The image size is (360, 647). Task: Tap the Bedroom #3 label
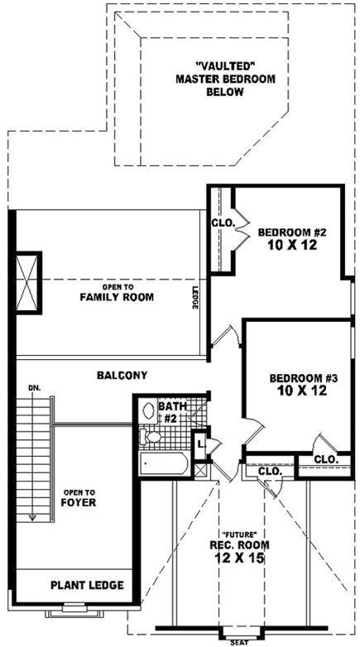tap(304, 378)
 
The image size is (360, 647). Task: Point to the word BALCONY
tap(122, 375)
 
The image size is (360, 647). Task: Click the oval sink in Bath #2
tap(147, 410)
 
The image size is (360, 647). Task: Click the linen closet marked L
tap(200, 444)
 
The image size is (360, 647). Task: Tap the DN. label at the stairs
tap(34, 386)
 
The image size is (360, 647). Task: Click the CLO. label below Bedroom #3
tap(325, 459)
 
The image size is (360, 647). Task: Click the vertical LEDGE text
tap(195, 298)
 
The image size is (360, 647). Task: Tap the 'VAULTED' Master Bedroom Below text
tap(224, 79)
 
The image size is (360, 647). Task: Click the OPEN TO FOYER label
tap(79, 496)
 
